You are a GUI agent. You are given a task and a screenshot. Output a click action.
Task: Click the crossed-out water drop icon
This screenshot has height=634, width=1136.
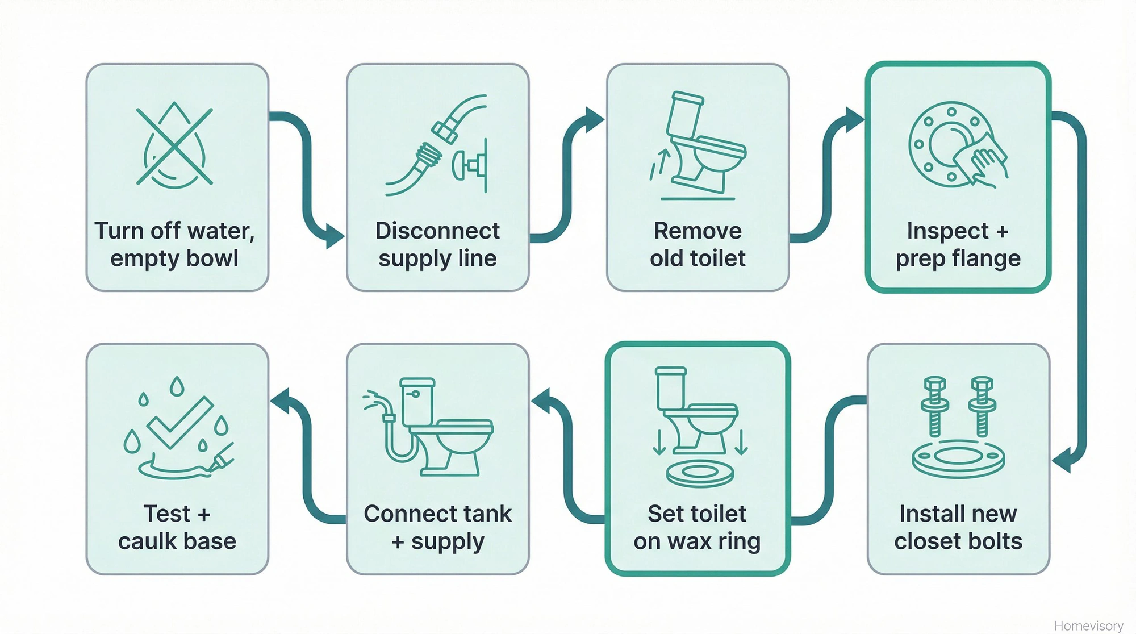(x=174, y=146)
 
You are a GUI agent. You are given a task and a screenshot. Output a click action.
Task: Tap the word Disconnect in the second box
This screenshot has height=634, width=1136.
(x=437, y=231)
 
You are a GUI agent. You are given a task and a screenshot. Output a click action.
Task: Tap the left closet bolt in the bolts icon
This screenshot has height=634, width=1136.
(x=934, y=406)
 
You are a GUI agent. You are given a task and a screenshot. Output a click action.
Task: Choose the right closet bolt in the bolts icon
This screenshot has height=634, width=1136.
(x=982, y=406)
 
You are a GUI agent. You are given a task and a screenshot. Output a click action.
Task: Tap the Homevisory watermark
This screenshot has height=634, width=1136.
(x=1088, y=625)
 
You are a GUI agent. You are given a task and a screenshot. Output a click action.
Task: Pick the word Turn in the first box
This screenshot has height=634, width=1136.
(x=118, y=231)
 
